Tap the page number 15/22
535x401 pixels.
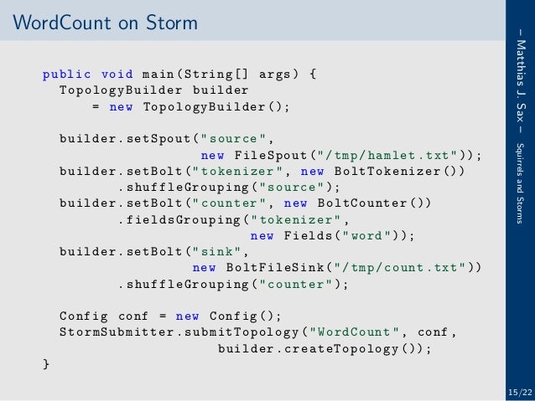click(x=519, y=391)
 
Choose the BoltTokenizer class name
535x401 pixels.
click(x=380, y=171)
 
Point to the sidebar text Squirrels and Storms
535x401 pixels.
click(x=521, y=179)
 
